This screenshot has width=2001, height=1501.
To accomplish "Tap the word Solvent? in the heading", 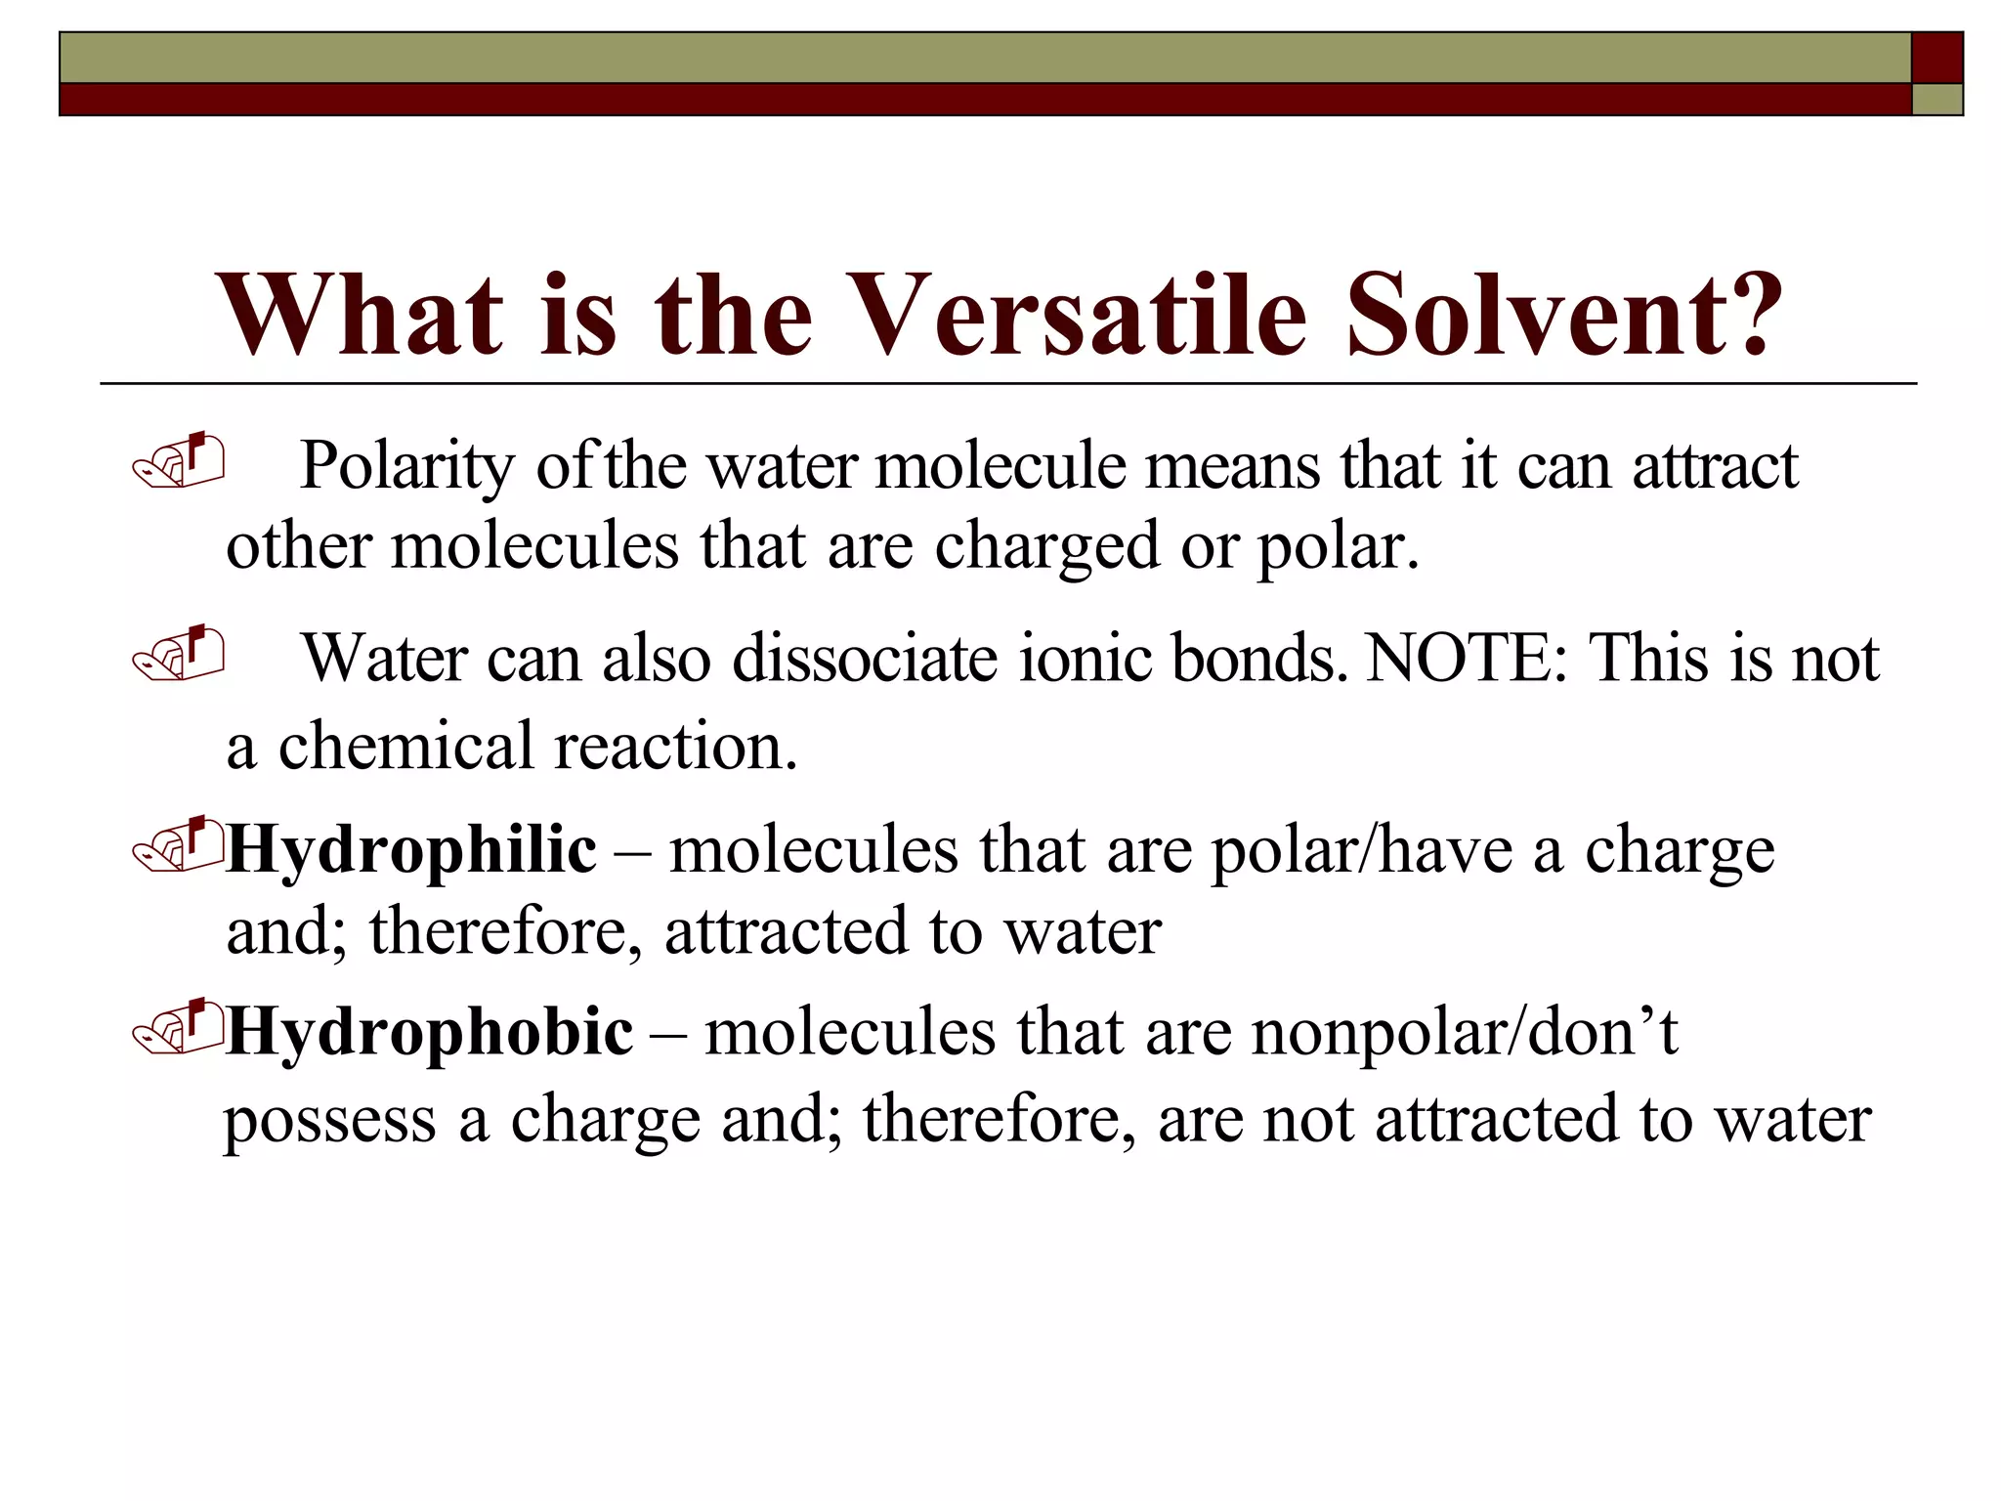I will point(1564,315).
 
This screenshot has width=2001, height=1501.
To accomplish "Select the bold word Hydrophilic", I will point(411,849).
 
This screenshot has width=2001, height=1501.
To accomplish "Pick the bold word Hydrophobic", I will point(430,1033).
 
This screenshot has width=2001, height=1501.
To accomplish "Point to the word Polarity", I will point(406,466).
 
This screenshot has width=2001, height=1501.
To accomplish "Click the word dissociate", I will point(865,658).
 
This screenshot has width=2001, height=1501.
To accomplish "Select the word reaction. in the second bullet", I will point(676,747).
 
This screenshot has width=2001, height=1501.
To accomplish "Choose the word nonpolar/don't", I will point(1465,1033).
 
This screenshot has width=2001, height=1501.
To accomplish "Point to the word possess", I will point(330,1120).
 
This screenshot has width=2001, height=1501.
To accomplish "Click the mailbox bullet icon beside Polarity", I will point(179,460).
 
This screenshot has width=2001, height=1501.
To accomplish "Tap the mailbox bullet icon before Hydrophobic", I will point(179,1028).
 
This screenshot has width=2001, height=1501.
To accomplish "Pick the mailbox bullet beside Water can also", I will point(179,653).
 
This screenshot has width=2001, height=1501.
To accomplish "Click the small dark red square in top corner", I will point(1937,58).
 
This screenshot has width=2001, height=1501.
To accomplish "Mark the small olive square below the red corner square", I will point(1937,100).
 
